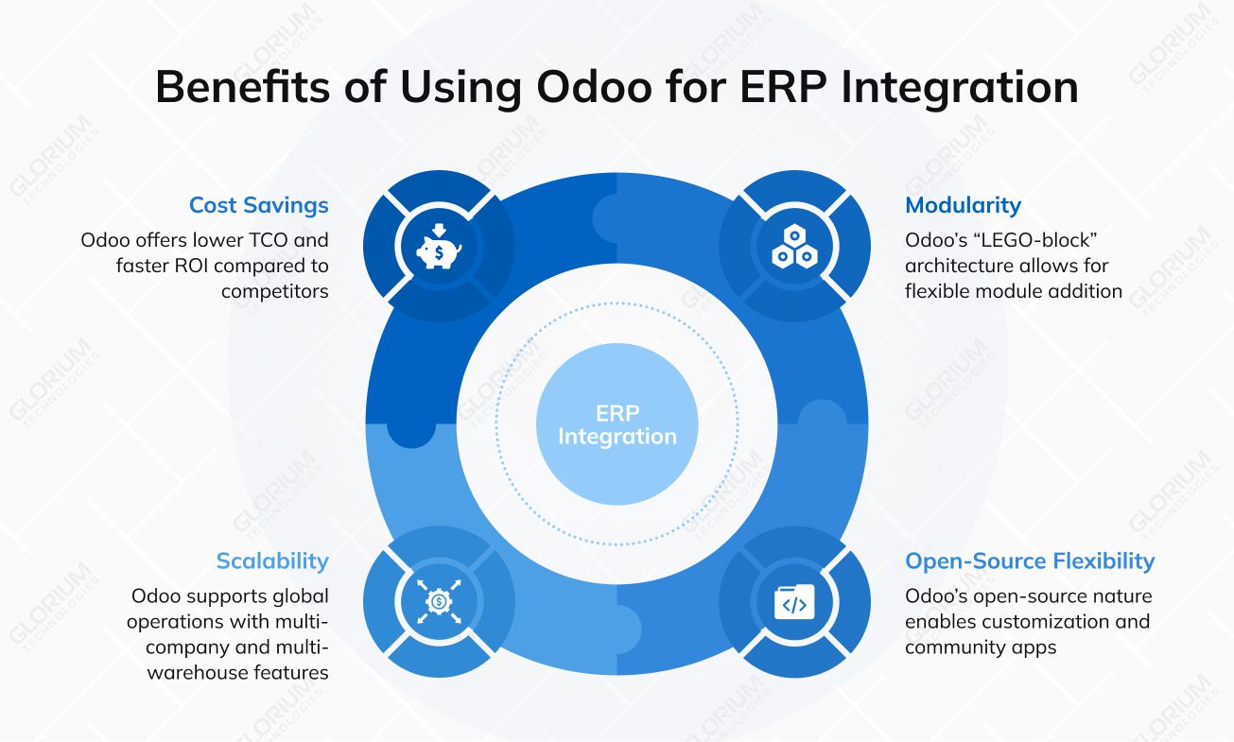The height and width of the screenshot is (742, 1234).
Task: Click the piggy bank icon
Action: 439,249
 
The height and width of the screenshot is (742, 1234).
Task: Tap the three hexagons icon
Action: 794,249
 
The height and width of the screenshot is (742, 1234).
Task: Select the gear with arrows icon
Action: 439,601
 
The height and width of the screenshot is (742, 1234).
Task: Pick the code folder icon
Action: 794,601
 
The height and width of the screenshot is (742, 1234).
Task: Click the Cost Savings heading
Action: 258,205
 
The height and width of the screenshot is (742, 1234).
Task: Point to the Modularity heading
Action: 963,205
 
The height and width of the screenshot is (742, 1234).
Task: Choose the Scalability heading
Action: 272,561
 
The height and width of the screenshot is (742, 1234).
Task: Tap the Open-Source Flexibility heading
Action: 1030,561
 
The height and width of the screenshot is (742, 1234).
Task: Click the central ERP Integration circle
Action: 617,424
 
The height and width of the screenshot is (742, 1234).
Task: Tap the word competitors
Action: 275,291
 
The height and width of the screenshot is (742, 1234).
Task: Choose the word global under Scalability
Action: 299,596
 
